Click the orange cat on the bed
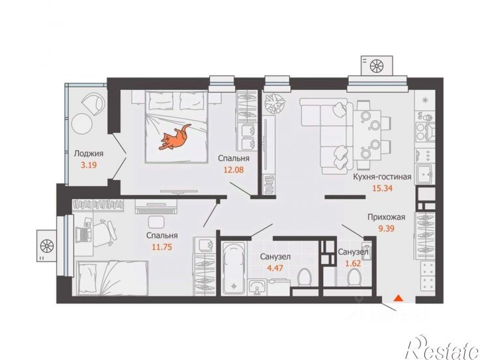tap(175, 138)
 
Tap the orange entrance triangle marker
tap(398, 298)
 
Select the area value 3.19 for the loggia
tap(89, 165)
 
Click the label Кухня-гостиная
tap(382, 177)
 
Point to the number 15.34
tap(382, 188)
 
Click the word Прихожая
tap(387, 217)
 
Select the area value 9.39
tap(387, 228)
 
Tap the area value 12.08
tap(234, 169)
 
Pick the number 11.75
tap(162, 247)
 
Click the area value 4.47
tap(275, 268)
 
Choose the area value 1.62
tap(353, 263)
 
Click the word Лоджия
tap(89, 154)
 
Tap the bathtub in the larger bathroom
tap(233, 269)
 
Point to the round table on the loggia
tap(81, 123)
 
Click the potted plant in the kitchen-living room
tap(275, 103)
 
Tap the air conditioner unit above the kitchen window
tap(377, 66)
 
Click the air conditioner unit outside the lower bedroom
tap(47, 246)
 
